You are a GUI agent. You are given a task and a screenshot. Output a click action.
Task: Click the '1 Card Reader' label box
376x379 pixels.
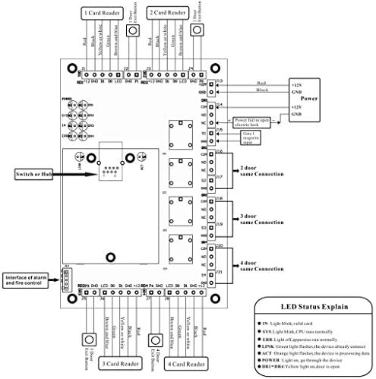tap(103, 13)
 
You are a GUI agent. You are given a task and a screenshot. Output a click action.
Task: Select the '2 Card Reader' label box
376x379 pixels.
tap(167, 13)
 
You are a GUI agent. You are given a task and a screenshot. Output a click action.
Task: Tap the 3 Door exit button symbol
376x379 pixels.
tap(88, 339)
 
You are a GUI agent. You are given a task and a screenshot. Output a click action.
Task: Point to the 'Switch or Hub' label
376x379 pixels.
tap(31, 173)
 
